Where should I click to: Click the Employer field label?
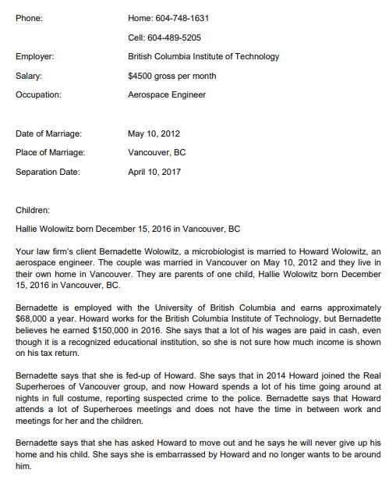pyautogui.click(x=35, y=56)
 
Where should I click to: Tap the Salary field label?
pyautogui.click(x=29, y=76)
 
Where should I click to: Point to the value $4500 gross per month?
pyautogui.click(x=172, y=76)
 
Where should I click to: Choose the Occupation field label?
pyautogui.click(x=38, y=95)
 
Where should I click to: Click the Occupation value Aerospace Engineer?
pyautogui.click(x=167, y=95)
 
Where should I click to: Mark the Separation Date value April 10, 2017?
pyautogui.click(x=154, y=172)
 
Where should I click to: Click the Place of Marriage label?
pyautogui.click(x=51, y=152)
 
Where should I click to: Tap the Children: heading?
pyautogui.click(x=33, y=210)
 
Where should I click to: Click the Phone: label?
pyautogui.click(x=30, y=18)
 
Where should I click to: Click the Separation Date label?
pyautogui.click(x=48, y=172)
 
